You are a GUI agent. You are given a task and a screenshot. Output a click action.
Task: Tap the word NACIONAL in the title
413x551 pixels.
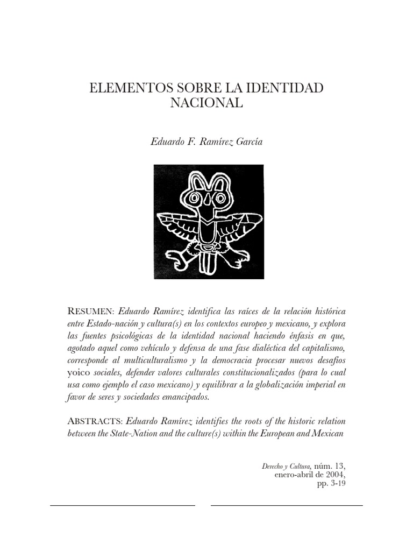(x=206, y=103)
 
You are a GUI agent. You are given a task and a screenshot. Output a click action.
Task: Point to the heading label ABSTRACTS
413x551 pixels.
(x=92, y=420)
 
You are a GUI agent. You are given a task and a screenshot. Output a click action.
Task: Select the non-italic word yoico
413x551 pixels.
(x=77, y=372)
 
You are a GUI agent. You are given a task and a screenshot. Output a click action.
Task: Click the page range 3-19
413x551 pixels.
(x=338, y=484)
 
